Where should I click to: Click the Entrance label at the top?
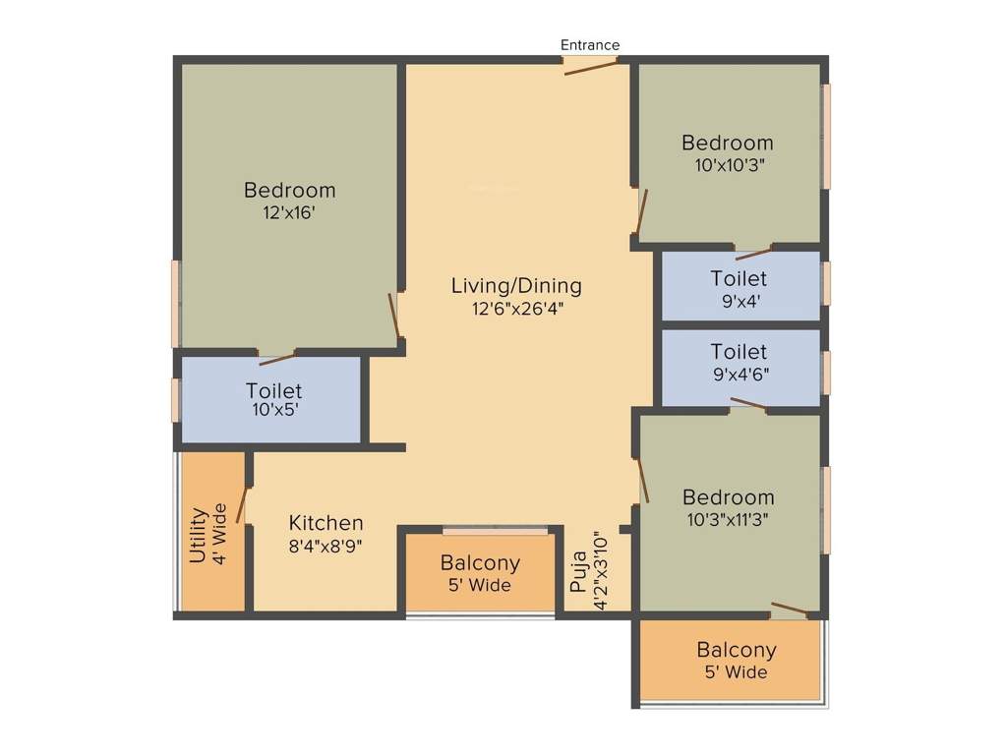click(590, 45)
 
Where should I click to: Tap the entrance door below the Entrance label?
click(590, 65)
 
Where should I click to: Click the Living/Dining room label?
click(516, 286)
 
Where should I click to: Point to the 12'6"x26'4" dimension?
click(516, 308)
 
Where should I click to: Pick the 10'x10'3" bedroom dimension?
click(729, 165)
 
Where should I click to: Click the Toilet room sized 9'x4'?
click(740, 286)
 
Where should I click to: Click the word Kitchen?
click(326, 523)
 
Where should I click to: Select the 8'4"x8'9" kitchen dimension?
click(326, 546)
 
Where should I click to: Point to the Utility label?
click(199, 535)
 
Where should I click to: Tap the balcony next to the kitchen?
click(480, 574)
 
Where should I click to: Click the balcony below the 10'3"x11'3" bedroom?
click(736, 661)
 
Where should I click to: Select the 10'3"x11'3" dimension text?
click(729, 520)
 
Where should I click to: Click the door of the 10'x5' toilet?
click(276, 358)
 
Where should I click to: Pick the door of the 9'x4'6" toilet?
click(748, 402)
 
